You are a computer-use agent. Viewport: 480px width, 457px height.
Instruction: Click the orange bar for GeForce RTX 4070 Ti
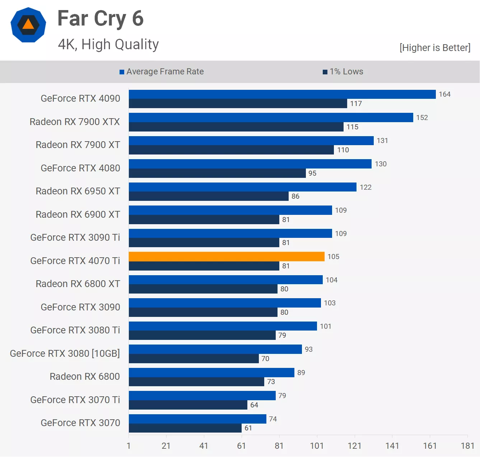227,257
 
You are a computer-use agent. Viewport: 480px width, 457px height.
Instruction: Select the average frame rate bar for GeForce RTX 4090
282,94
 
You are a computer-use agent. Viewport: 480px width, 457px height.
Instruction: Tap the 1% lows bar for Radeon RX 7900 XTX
236,127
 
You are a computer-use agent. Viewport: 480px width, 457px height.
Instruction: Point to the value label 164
444,94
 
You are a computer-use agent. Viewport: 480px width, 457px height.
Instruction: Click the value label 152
422,117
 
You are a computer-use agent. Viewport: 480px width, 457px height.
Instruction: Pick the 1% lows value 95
312,173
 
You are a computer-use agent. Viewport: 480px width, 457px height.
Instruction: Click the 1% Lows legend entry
343,71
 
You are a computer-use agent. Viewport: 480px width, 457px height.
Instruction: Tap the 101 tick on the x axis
317,446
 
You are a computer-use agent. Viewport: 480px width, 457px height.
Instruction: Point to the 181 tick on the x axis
467,446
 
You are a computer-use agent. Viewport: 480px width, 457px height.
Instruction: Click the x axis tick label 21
166,446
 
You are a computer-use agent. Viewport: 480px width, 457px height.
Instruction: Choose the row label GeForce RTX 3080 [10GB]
65,354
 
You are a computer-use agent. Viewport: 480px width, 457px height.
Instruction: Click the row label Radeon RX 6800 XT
78,284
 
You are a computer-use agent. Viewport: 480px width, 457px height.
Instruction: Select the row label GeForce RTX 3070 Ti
75,400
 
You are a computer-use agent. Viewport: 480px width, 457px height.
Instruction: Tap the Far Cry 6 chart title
101,18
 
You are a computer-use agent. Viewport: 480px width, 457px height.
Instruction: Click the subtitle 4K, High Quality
108,45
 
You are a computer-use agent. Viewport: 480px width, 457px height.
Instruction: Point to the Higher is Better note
435,48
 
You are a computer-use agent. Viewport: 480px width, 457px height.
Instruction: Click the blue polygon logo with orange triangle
28,25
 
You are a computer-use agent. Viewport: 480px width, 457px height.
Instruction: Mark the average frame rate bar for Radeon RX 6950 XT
243,187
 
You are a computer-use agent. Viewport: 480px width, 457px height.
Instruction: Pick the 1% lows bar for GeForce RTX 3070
185,428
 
